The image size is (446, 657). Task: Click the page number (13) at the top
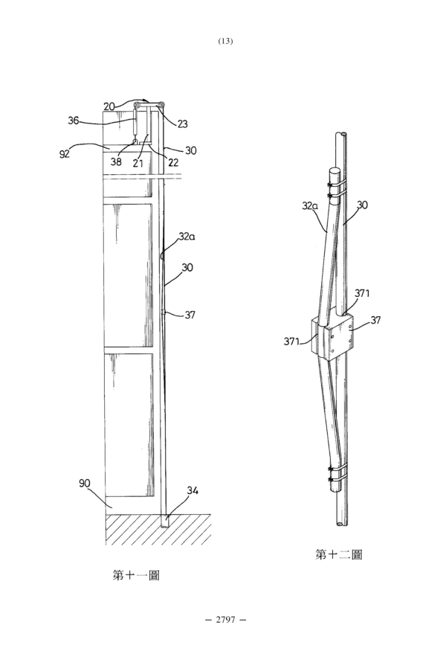[x=225, y=41]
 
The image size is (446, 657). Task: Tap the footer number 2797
[x=225, y=619]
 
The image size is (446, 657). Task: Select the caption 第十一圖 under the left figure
[x=136, y=575]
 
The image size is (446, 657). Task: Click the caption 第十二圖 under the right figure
[x=338, y=555]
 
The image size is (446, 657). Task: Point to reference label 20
[x=109, y=106]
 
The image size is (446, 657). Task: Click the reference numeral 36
[x=74, y=121]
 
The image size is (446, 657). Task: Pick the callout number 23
[x=182, y=124]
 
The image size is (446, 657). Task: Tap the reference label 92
[x=65, y=154]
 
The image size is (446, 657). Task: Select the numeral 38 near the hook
[x=116, y=161]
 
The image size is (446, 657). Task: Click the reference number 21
[x=138, y=164]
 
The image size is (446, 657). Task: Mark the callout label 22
[x=173, y=162]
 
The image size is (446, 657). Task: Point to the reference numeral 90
[x=85, y=483]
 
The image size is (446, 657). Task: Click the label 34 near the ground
[x=193, y=490]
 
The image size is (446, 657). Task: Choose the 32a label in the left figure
[x=187, y=237]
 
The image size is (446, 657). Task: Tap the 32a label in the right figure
[x=310, y=206]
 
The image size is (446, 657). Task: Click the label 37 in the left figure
[x=190, y=315]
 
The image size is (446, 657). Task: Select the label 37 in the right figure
[x=375, y=320]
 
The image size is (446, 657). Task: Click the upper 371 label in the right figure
[x=362, y=293]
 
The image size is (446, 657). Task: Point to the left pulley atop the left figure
[x=137, y=105]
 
